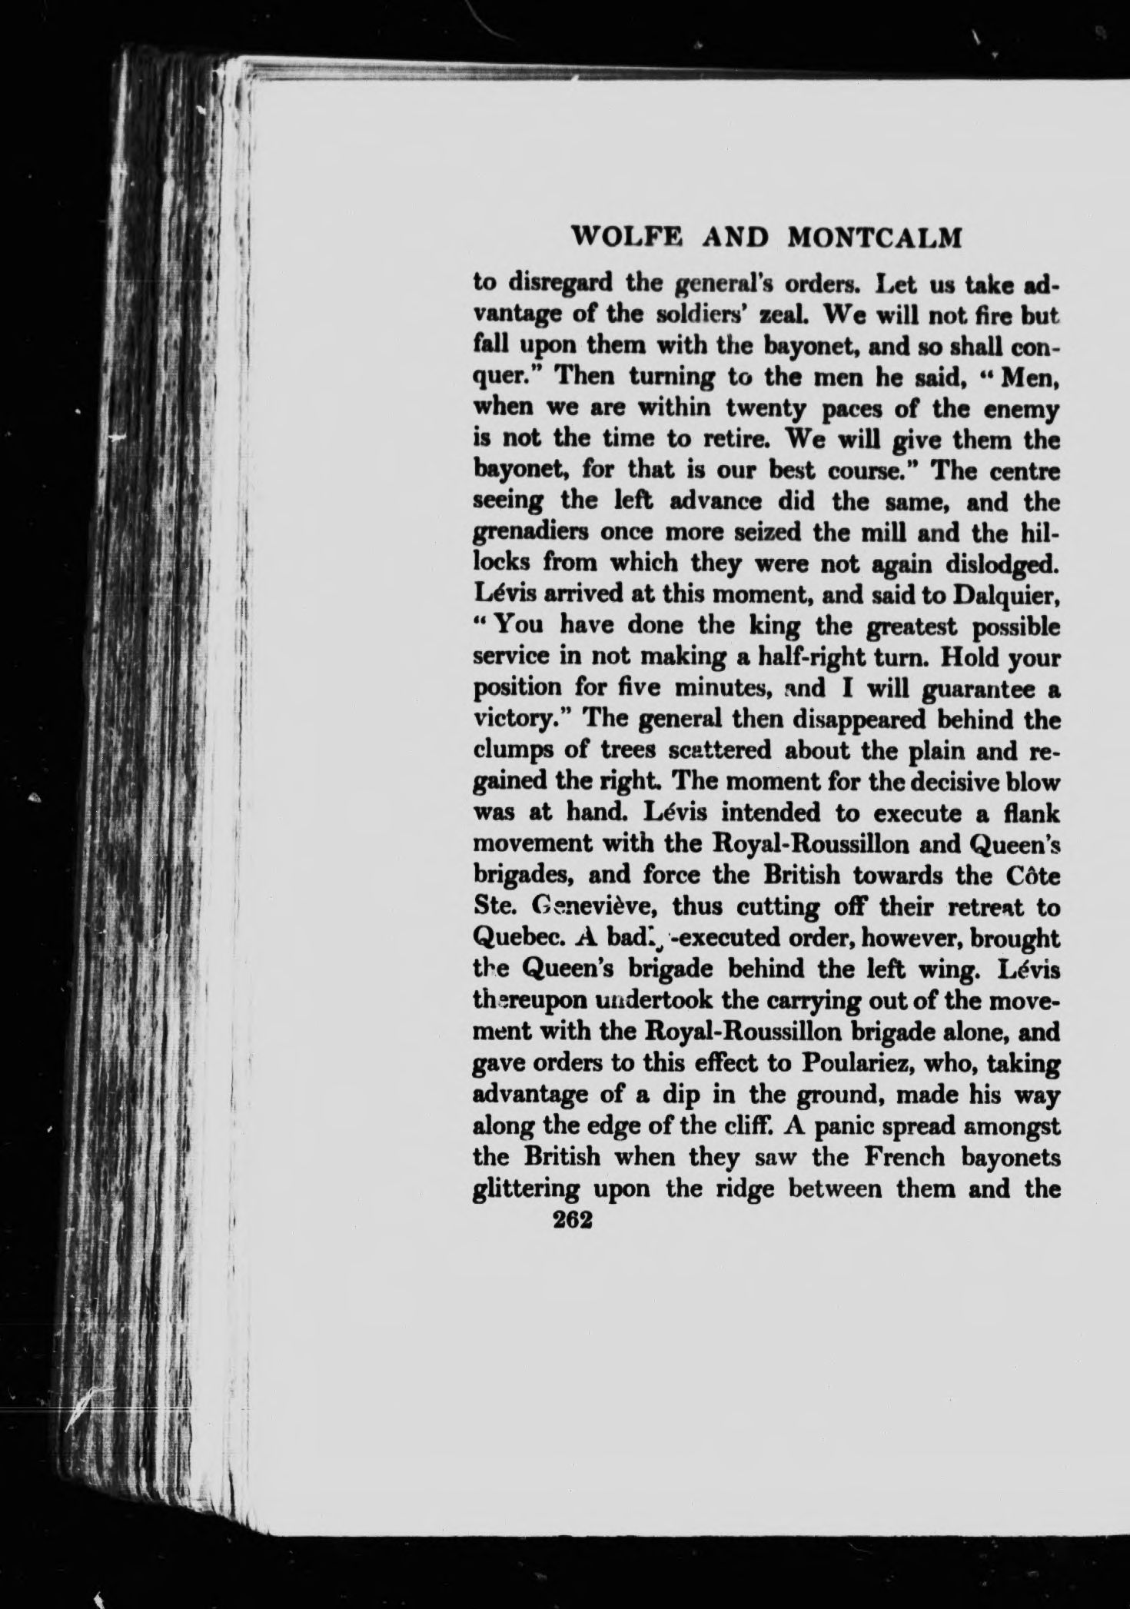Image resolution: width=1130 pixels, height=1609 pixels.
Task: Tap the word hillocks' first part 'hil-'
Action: point(1039,532)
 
